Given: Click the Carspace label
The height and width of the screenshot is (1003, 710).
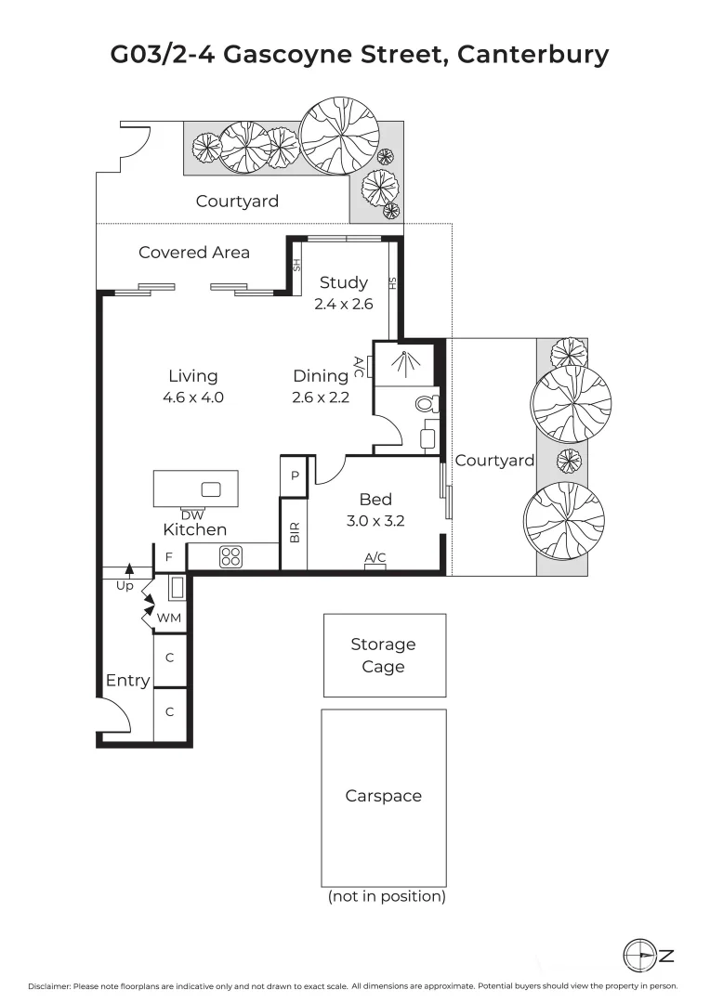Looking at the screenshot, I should pyautogui.click(x=383, y=796).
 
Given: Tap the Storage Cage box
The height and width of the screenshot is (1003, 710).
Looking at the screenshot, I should pyautogui.click(x=383, y=655).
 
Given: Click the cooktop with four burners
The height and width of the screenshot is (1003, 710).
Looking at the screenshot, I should pyautogui.click(x=230, y=556).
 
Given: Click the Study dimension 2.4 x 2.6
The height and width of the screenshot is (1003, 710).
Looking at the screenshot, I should pyautogui.click(x=343, y=304).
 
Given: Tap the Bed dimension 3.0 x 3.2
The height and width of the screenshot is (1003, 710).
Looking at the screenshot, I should pyautogui.click(x=375, y=521).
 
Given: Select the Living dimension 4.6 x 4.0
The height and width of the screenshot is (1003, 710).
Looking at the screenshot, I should pyautogui.click(x=193, y=397).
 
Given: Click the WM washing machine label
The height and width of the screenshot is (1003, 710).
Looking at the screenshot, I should pyautogui.click(x=168, y=618).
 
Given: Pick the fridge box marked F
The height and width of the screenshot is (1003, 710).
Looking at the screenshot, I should pyautogui.click(x=169, y=557).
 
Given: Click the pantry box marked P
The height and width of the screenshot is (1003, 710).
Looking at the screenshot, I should pyautogui.click(x=295, y=475).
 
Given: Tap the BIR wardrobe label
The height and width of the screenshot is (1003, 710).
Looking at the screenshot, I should pyautogui.click(x=295, y=533).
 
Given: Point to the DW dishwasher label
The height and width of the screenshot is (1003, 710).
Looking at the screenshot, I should pyautogui.click(x=192, y=515).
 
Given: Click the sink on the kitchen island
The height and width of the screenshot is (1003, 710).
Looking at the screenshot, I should pyautogui.click(x=211, y=489).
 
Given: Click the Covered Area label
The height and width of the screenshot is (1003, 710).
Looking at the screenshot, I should pyautogui.click(x=193, y=252).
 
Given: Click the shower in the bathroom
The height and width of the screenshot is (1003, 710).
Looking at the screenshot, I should pyautogui.click(x=402, y=362).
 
